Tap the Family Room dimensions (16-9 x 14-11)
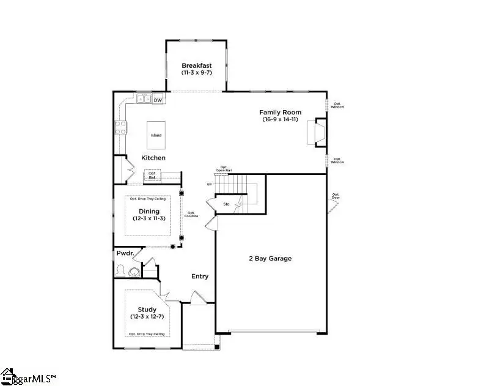pos(281,120)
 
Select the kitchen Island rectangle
pos(157,135)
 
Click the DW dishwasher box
pos(158,100)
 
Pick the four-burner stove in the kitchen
pos(120,127)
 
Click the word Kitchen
pos(153,158)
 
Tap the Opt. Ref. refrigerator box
pos(152,176)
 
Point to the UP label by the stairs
pos(210,184)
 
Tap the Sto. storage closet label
pos(226,204)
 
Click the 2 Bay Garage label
pos(271,258)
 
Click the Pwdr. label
pos(124,253)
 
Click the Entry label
pos(200,277)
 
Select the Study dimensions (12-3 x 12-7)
pos(147,317)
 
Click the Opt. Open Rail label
pos(224,169)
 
